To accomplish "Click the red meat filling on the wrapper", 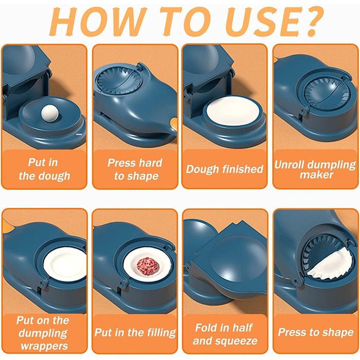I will click(148, 266).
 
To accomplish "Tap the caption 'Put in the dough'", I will click(44, 169).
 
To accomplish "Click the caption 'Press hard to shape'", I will click(134, 169).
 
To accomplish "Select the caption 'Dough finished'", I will click(224, 169).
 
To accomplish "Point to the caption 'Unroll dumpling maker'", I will click(315, 169).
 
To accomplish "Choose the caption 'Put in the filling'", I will click(134, 333).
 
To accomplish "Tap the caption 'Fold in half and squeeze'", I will click(224, 334).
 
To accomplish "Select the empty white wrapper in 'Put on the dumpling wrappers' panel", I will click(64, 263).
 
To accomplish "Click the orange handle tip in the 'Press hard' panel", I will click(173, 124).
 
